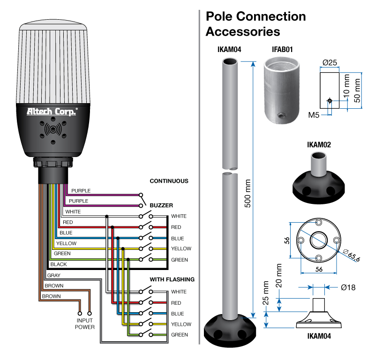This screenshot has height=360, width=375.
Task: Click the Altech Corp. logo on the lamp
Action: click(x=52, y=111)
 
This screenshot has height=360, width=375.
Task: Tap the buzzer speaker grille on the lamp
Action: click(x=52, y=129)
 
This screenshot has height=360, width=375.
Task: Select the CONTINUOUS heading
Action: click(x=169, y=181)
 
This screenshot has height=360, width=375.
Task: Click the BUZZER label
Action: click(x=161, y=205)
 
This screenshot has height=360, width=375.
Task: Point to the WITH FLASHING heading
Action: click(x=172, y=279)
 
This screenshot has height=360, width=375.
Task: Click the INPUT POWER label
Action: click(x=85, y=324)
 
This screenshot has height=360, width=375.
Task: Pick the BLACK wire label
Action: click(x=59, y=264)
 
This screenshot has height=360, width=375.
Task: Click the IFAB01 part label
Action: click(x=283, y=49)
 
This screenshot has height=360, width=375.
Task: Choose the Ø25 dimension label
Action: click(x=330, y=63)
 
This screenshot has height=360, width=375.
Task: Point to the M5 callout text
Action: click(x=314, y=114)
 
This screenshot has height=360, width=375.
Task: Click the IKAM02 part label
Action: click(x=319, y=145)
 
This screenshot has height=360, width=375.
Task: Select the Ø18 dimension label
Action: click(x=348, y=287)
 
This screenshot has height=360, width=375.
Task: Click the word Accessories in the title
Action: click(x=243, y=32)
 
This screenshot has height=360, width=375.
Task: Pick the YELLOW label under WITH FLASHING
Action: click(x=181, y=324)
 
